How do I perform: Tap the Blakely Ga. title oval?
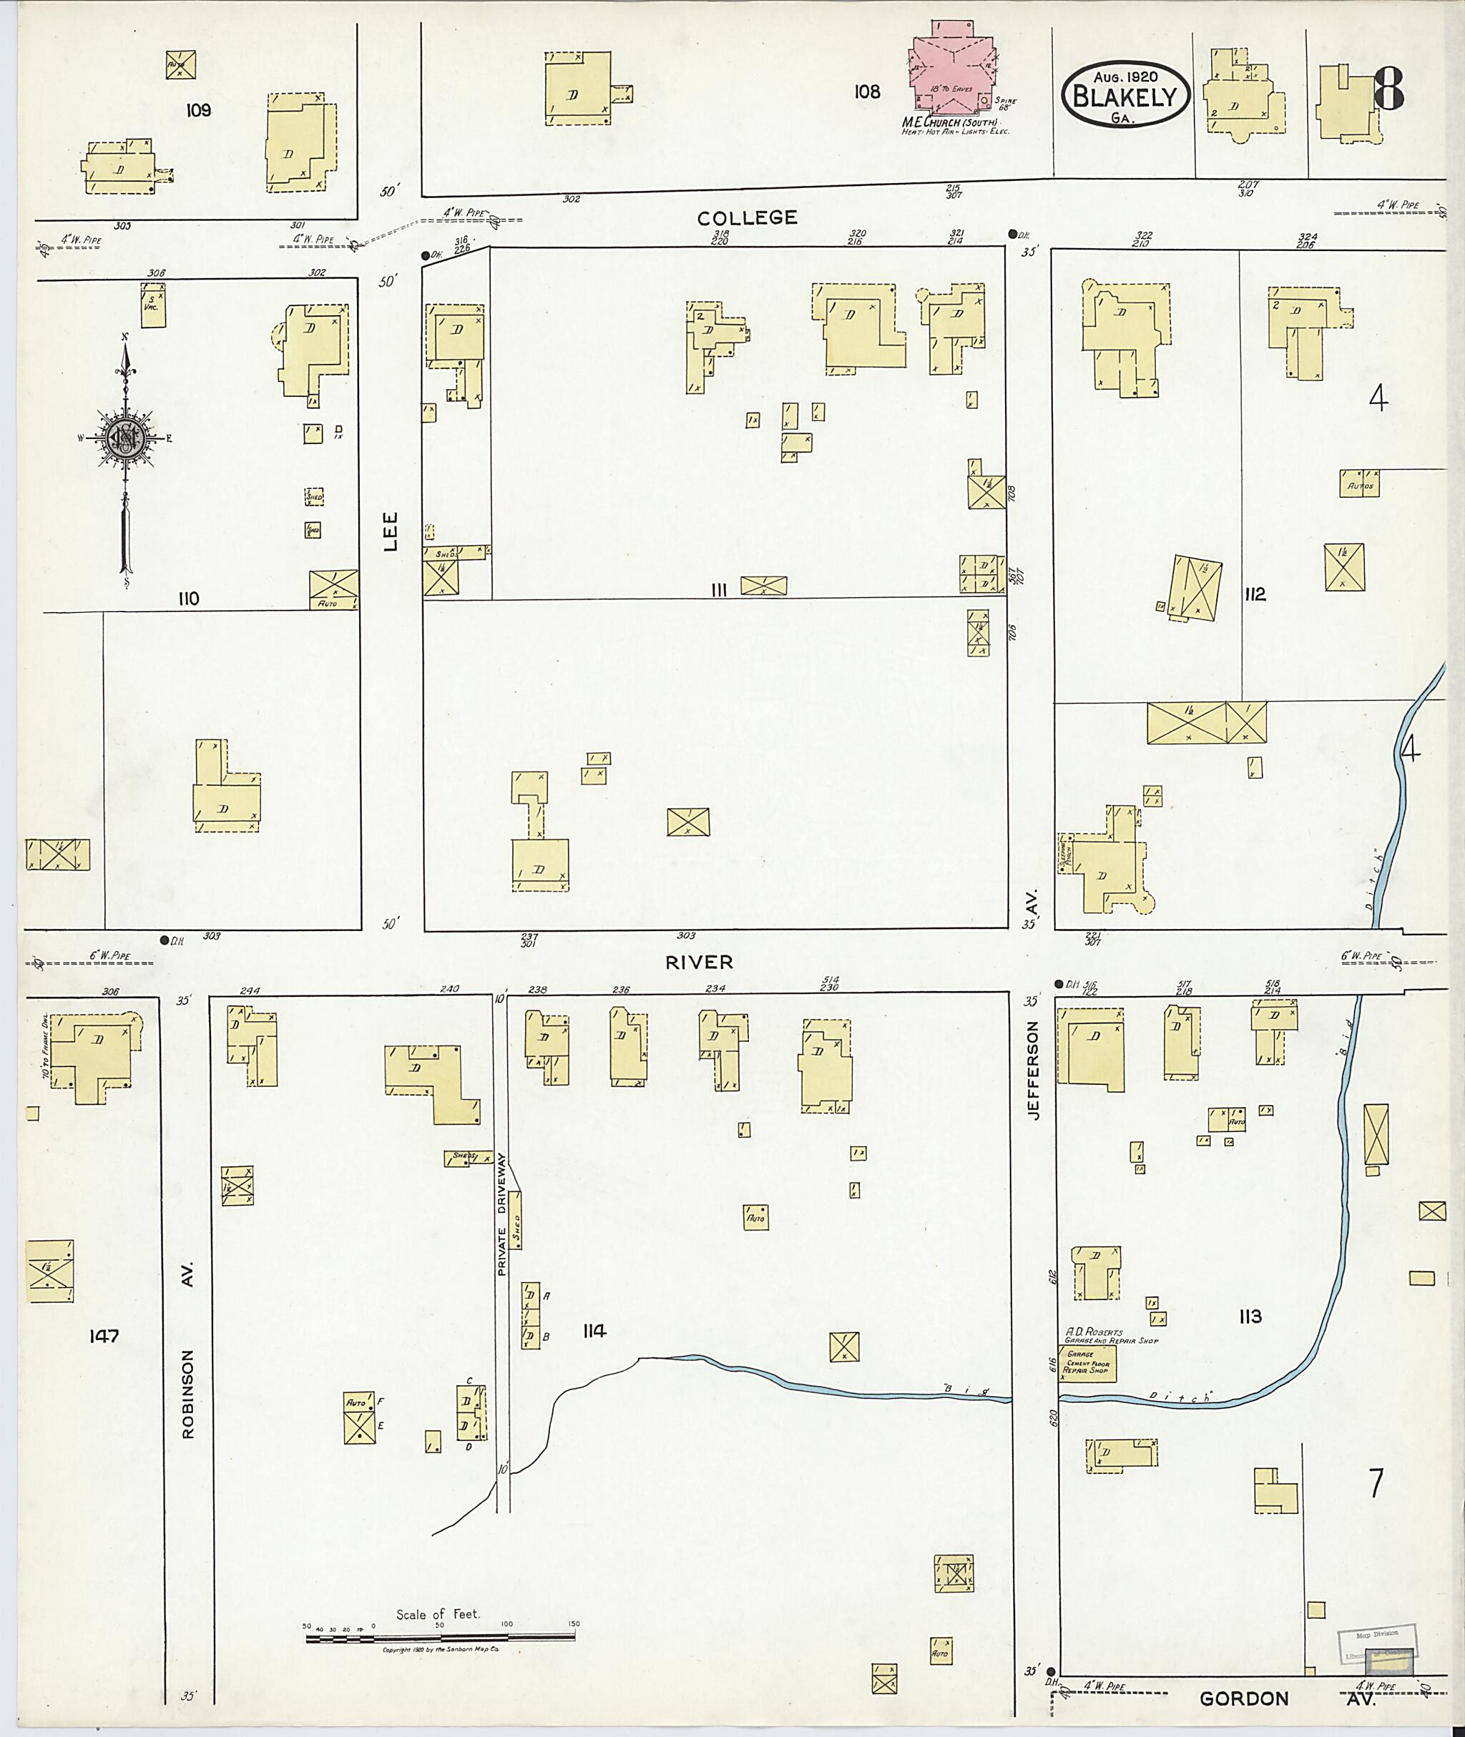click(1125, 94)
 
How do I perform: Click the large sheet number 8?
click(1388, 89)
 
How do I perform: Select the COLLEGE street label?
click(747, 217)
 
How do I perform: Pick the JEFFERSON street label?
click(1033, 1071)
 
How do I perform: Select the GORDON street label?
click(1243, 1698)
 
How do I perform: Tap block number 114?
click(594, 1332)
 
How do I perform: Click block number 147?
click(104, 1336)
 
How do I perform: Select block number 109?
click(198, 109)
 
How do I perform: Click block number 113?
click(1249, 1316)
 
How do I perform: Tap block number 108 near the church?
click(866, 92)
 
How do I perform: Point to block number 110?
click(189, 598)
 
